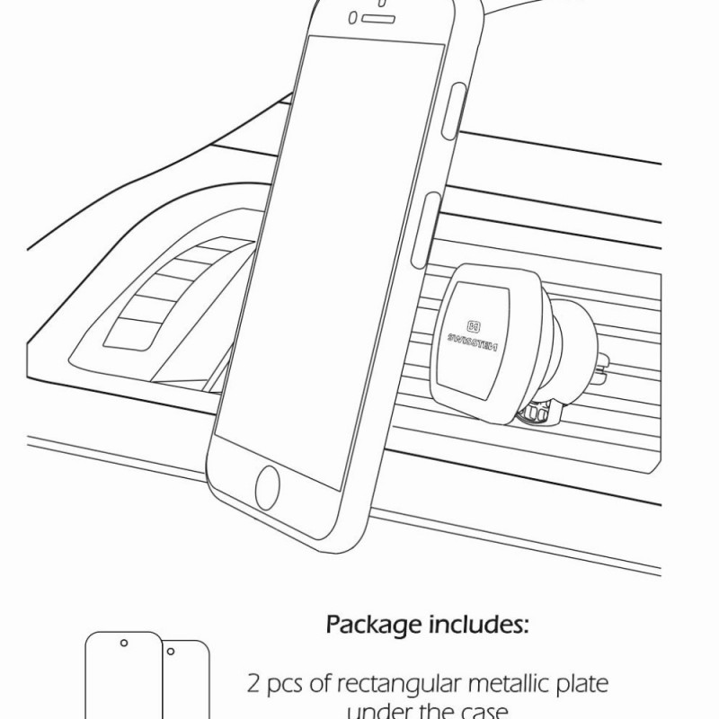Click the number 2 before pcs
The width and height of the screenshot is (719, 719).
(253, 684)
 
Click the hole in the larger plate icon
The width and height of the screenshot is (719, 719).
(123, 643)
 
